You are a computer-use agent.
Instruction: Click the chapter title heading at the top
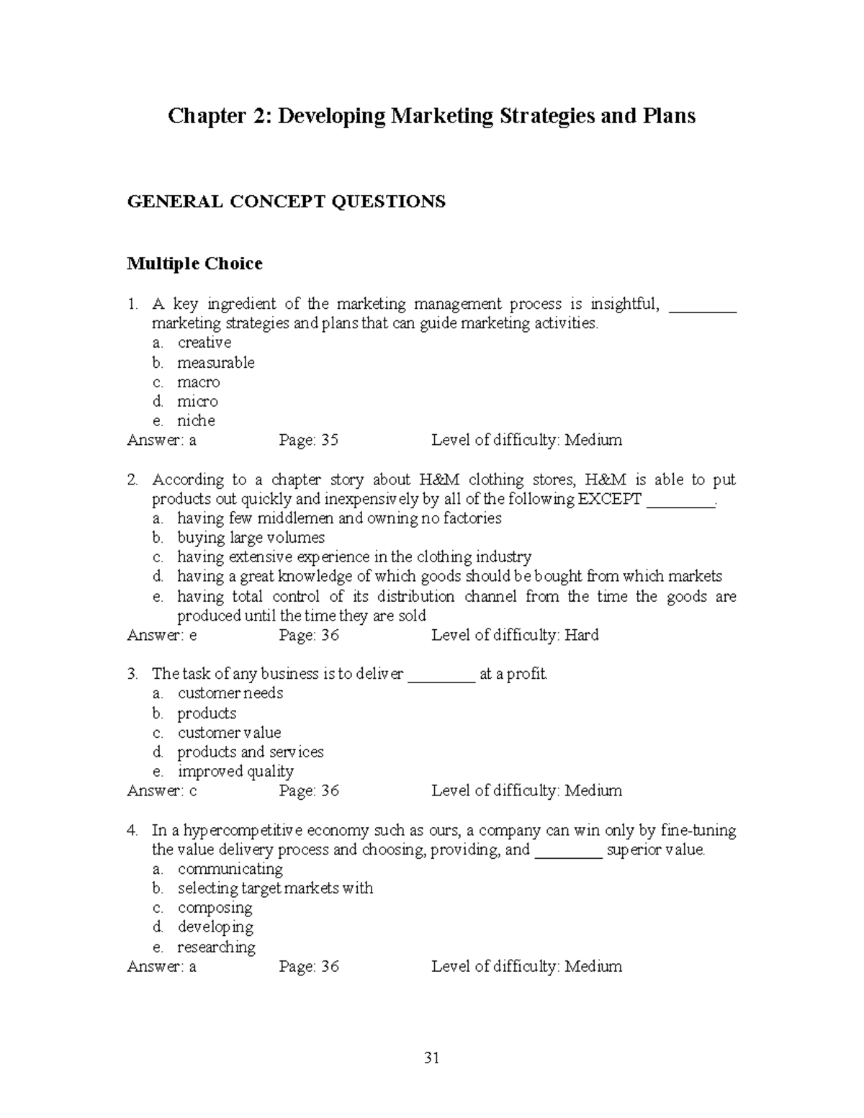coord(431,116)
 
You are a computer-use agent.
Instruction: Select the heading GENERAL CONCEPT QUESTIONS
coord(286,202)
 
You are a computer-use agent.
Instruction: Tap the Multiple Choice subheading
coord(194,264)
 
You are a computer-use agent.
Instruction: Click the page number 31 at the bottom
coord(432,1058)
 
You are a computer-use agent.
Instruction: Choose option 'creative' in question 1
coord(204,343)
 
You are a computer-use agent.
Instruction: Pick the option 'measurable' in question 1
coord(215,362)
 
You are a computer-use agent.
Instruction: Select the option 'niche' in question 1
coord(196,420)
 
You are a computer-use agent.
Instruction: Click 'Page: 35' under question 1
coord(308,440)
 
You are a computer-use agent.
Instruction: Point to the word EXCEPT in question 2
coord(609,499)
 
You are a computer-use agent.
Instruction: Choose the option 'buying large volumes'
coord(251,538)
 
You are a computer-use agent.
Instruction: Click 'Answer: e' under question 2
coord(161,635)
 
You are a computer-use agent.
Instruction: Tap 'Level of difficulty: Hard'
coord(515,635)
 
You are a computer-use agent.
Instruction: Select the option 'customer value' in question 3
coord(229,732)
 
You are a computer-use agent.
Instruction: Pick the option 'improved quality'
coord(235,771)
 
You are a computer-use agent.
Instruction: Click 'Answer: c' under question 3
coord(161,790)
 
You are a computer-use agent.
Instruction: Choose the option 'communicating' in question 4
coord(230,869)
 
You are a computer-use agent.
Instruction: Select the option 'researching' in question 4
coord(216,947)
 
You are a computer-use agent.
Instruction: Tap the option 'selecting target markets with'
coord(275,888)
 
